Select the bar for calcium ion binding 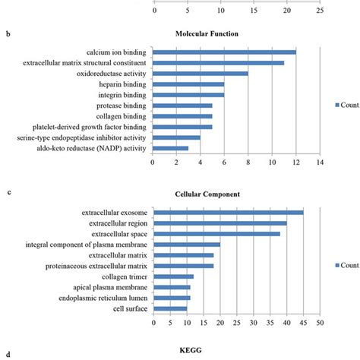(224, 52)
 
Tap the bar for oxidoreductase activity (201, 74)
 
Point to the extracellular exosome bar (228, 212)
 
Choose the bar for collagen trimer (173, 276)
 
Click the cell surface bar (169, 308)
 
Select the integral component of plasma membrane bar (186, 245)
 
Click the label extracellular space (113, 234)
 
